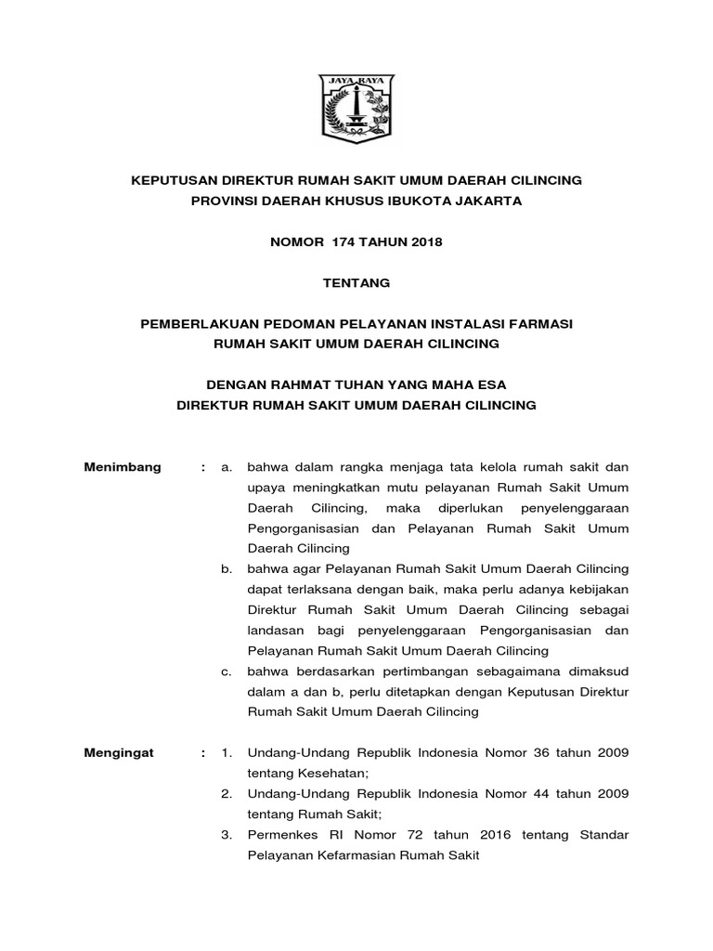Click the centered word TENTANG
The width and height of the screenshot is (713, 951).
click(356, 282)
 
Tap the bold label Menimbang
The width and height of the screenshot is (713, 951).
click(123, 467)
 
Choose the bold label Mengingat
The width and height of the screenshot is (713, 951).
click(120, 753)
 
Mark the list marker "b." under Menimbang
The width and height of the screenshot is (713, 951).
click(227, 568)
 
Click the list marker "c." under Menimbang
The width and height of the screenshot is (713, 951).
click(227, 671)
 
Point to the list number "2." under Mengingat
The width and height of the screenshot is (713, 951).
click(227, 794)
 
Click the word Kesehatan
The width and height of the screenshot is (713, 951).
click(333, 773)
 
